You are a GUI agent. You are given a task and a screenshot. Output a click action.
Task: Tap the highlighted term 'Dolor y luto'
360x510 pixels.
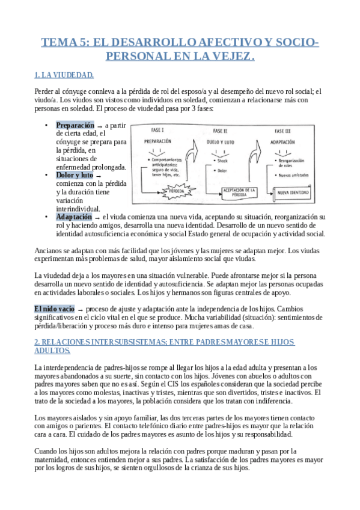pyautogui.click(x=75, y=175)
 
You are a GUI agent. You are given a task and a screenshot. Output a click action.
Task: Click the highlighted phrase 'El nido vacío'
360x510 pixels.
pyautogui.click(x=55, y=309)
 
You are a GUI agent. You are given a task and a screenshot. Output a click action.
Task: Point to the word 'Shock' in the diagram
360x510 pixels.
pyautogui.click(x=222, y=161)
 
